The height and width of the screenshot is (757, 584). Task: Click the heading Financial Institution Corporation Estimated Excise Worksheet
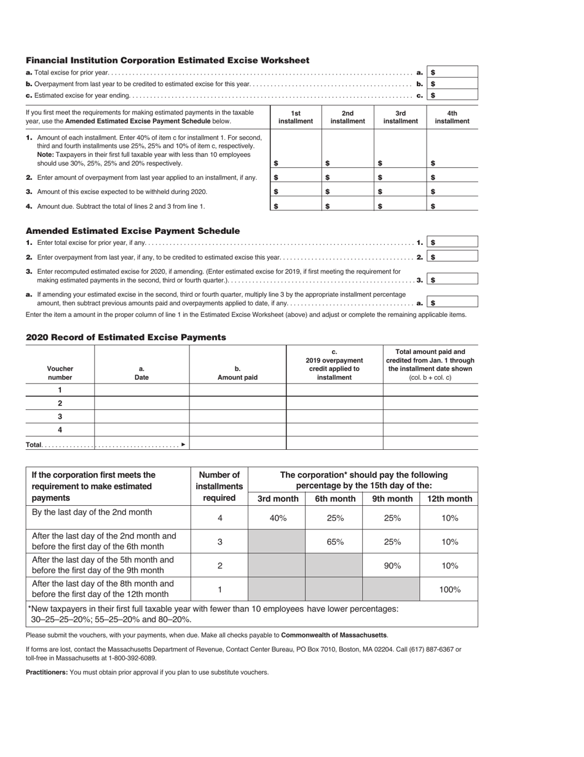point(167,60)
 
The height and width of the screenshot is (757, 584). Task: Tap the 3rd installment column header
point(400,117)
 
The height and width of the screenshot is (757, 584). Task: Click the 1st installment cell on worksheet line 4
point(296,206)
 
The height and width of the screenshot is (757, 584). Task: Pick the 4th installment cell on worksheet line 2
point(452,177)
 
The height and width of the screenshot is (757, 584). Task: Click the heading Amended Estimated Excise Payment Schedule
point(133,231)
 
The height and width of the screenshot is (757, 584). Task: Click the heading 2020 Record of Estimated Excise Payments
point(126,337)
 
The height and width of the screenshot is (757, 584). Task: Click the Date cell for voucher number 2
point(141,403)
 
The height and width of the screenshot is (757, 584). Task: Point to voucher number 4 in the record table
point(60,430)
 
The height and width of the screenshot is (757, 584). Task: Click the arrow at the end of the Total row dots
point(183,444)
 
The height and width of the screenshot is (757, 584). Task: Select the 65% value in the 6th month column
point(335,542)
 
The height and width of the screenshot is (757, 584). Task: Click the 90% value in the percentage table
point(392,566)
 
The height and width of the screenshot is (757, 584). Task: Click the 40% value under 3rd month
point(278,518)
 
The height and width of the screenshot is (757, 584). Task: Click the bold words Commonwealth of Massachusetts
point(334,635)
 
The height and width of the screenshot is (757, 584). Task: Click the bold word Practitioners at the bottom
point(47,672)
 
